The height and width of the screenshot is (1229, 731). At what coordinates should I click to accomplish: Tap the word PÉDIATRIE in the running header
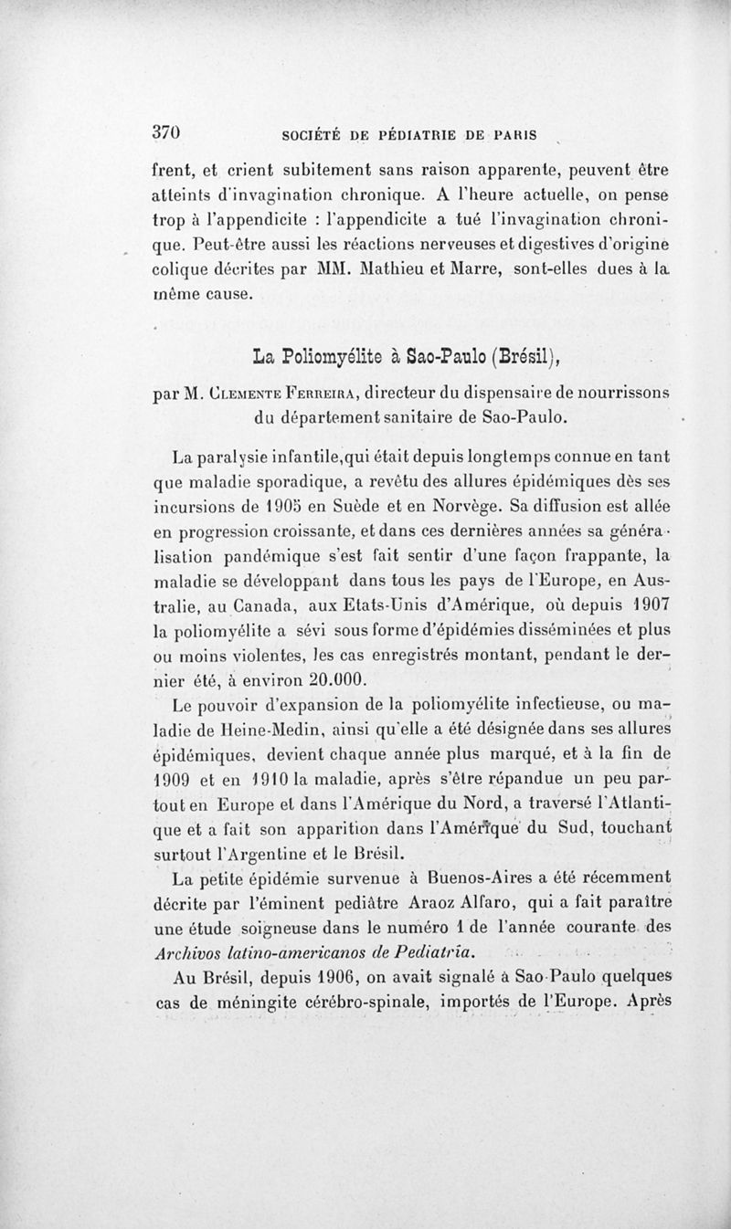[x=412, y=134]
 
